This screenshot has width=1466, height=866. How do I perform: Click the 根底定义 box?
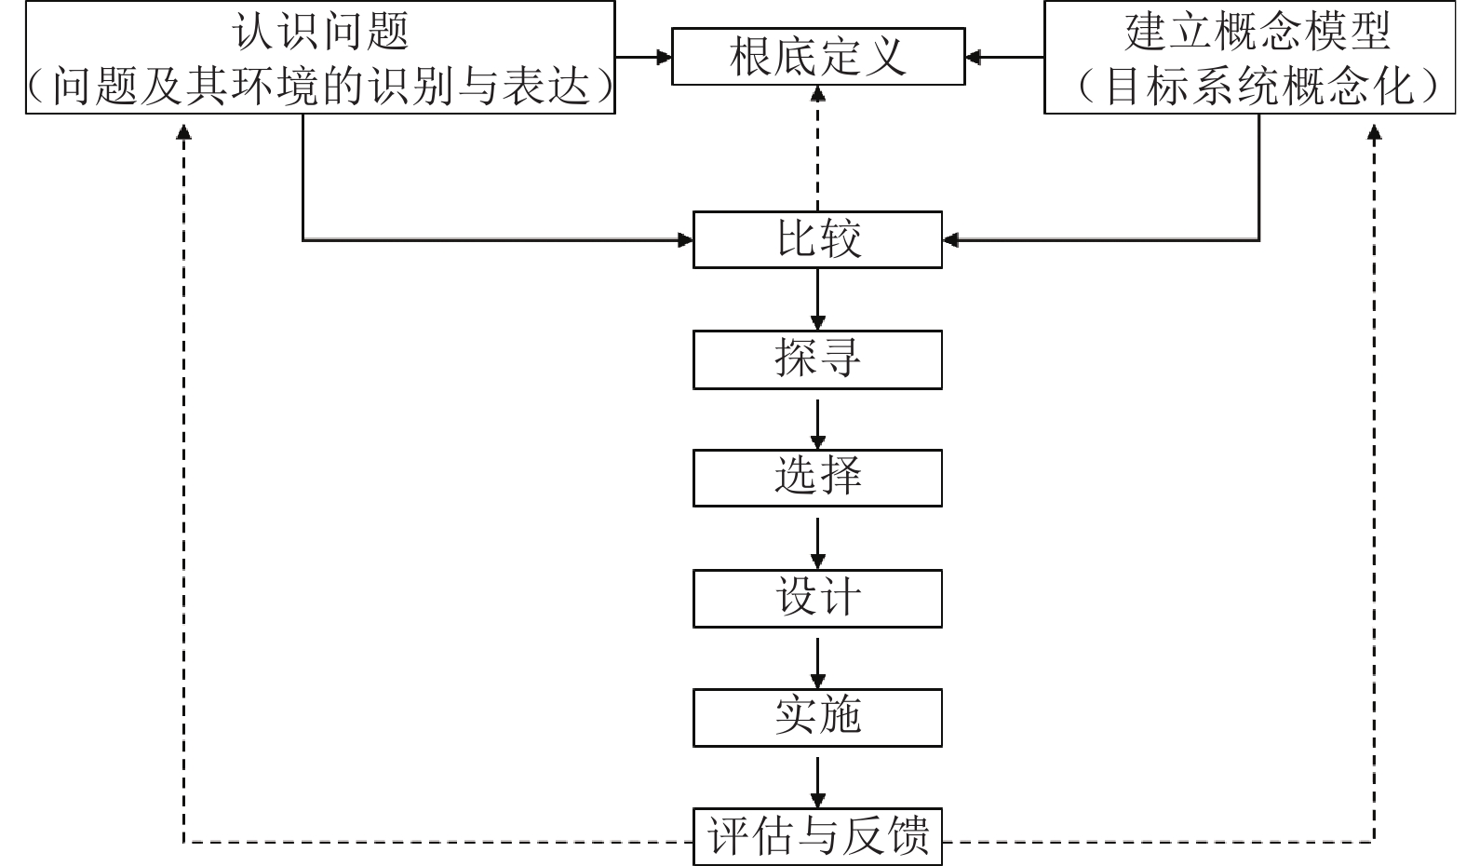click(818, 57)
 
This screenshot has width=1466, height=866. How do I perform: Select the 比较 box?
click(817, 240)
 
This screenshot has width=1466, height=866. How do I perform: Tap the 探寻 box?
click(817, 359)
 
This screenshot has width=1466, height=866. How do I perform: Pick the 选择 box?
click(817, 479)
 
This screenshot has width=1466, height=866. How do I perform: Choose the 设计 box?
click(817, 599)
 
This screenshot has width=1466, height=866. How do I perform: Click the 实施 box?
click(817, 718)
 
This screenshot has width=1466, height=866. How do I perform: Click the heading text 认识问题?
click(319, 32)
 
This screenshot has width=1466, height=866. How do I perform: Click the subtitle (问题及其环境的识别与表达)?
click(319, 87)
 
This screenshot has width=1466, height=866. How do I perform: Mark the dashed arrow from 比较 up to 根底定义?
click(818, 149)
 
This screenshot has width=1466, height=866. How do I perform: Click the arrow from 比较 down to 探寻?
click(817, 299)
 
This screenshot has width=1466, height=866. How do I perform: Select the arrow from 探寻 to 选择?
click(817, 420)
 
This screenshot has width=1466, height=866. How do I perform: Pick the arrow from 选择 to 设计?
click(817, 539)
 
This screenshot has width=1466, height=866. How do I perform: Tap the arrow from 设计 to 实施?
click(817, 659)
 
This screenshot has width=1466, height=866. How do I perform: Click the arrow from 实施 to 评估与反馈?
click(817, 778)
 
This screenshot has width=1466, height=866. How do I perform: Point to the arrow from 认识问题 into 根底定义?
click(643, 57)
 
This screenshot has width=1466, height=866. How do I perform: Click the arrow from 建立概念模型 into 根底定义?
click(1004, 57)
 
